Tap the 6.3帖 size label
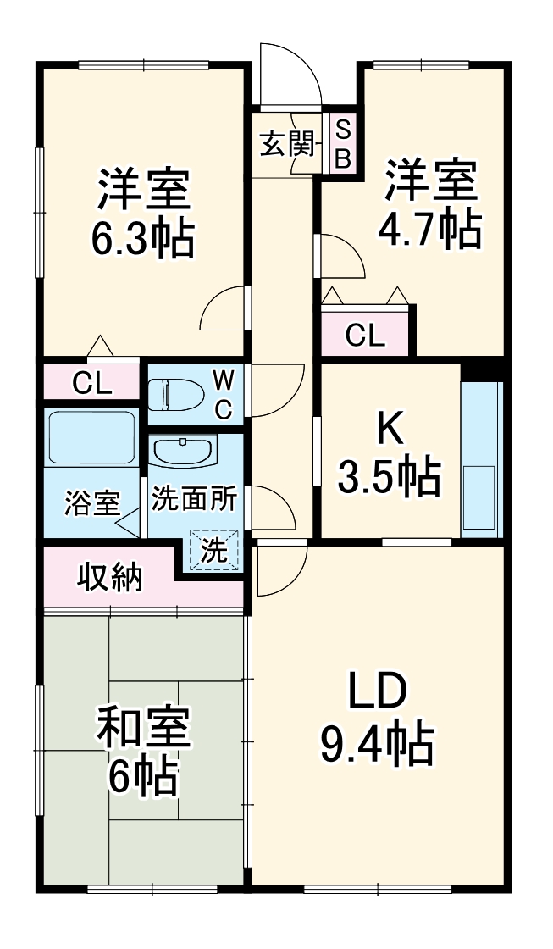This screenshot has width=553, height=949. point(142,240)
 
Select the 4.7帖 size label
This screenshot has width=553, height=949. point(429,229)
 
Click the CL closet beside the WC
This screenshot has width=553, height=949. point(91,383)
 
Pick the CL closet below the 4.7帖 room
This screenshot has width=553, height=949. point(365,336)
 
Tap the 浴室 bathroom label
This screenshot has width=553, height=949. point(91,503)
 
